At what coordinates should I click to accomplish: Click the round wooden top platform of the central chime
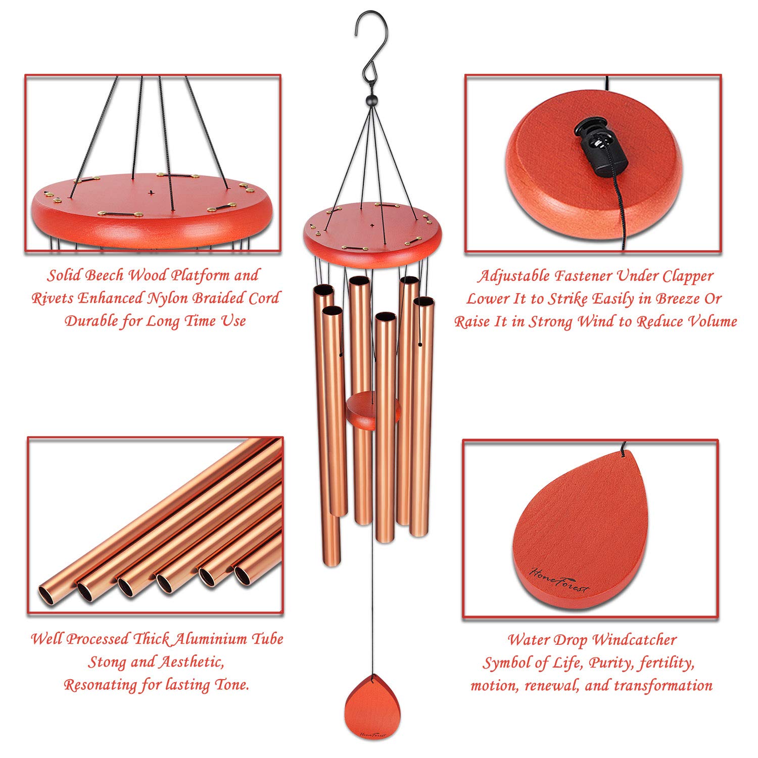[x=372, y=230]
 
